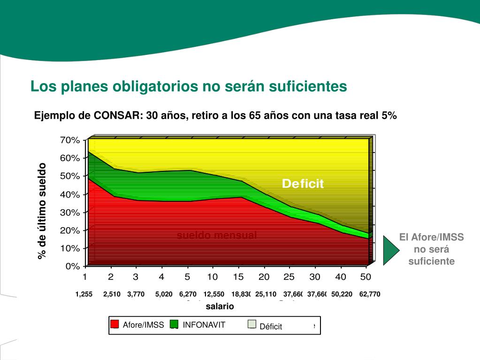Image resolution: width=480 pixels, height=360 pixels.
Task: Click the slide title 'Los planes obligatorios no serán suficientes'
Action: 189,86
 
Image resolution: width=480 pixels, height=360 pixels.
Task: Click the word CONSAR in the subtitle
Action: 115,115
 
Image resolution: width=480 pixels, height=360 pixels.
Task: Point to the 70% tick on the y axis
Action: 70,140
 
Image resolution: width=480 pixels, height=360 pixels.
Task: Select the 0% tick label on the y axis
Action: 72,266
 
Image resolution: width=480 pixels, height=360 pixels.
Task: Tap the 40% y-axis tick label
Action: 70,194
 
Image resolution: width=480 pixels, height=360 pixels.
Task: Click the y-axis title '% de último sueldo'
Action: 43,211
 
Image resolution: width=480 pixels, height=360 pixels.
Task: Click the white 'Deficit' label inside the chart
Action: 303,184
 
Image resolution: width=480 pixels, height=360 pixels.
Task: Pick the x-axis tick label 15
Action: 238,277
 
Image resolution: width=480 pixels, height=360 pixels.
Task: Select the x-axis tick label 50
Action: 366,277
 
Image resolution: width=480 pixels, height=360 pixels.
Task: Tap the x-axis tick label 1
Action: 85,277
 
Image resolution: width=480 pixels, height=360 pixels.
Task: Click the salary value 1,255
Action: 84,294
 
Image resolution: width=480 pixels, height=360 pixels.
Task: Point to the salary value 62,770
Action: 370,294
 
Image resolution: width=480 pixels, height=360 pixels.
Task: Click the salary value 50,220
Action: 342,294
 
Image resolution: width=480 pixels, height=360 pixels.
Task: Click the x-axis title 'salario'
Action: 219,306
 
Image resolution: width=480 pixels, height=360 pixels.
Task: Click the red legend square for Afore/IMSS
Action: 114,324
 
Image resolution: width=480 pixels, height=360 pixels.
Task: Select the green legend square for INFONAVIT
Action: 174,324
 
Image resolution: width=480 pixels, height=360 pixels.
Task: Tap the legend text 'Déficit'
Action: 271,327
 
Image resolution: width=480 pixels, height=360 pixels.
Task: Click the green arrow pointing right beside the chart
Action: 390,250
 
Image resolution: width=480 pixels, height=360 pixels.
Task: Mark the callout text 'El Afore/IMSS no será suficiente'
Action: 431,249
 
